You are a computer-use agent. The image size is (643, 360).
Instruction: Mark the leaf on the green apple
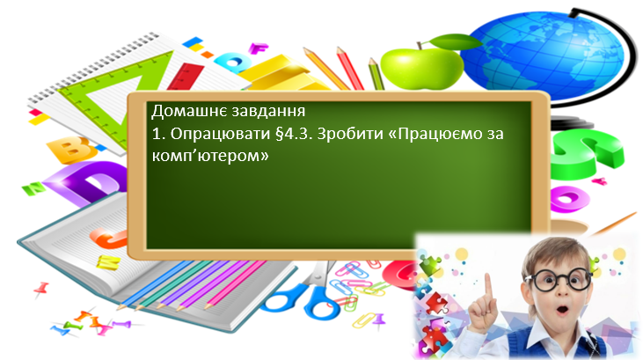[x=441, y=40]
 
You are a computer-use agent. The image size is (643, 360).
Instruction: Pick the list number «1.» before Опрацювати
[x=157, y=135]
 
